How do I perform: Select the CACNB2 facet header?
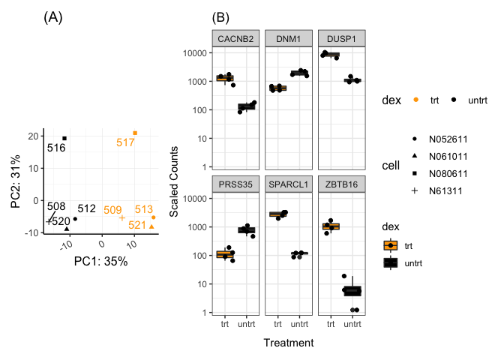pyautogui.click(x=235, y=38)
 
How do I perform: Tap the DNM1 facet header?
pyautogui.click(x=288, y=38)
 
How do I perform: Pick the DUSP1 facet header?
pyautogui.click(x=341, y=38)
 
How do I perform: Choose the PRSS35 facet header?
pyautogui.click(x=235, y=184)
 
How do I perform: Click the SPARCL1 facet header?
pyautogui.click(x=288, y=184)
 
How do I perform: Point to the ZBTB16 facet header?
pyautogui.click(x=341, y=184)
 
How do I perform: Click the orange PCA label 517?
pyautogui.click(x=125, y=142)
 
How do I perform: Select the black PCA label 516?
pyautogui.click(x=56, y=148)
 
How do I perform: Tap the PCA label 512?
pyautogui.click(x=86, y=208)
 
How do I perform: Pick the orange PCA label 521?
pyautogui.click(x=137, y=225)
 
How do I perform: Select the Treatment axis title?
pyautogui.click(x=289, y=342)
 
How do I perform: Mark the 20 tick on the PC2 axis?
pyautogui.click(x=33, y=136)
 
